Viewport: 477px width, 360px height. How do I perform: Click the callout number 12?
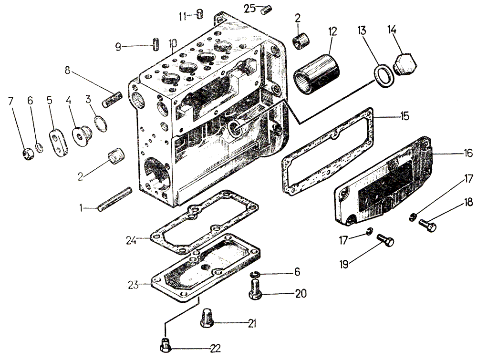[x=332, y=32]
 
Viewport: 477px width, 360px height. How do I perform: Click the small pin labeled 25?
[x=267, y=8]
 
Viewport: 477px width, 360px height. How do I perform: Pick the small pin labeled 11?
[x=200, y=14]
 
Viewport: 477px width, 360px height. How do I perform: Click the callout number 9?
[x=119, y=47]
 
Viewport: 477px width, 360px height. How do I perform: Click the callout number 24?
[x=132, y=241]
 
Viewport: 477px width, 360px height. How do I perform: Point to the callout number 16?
[x=468, y=154]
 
